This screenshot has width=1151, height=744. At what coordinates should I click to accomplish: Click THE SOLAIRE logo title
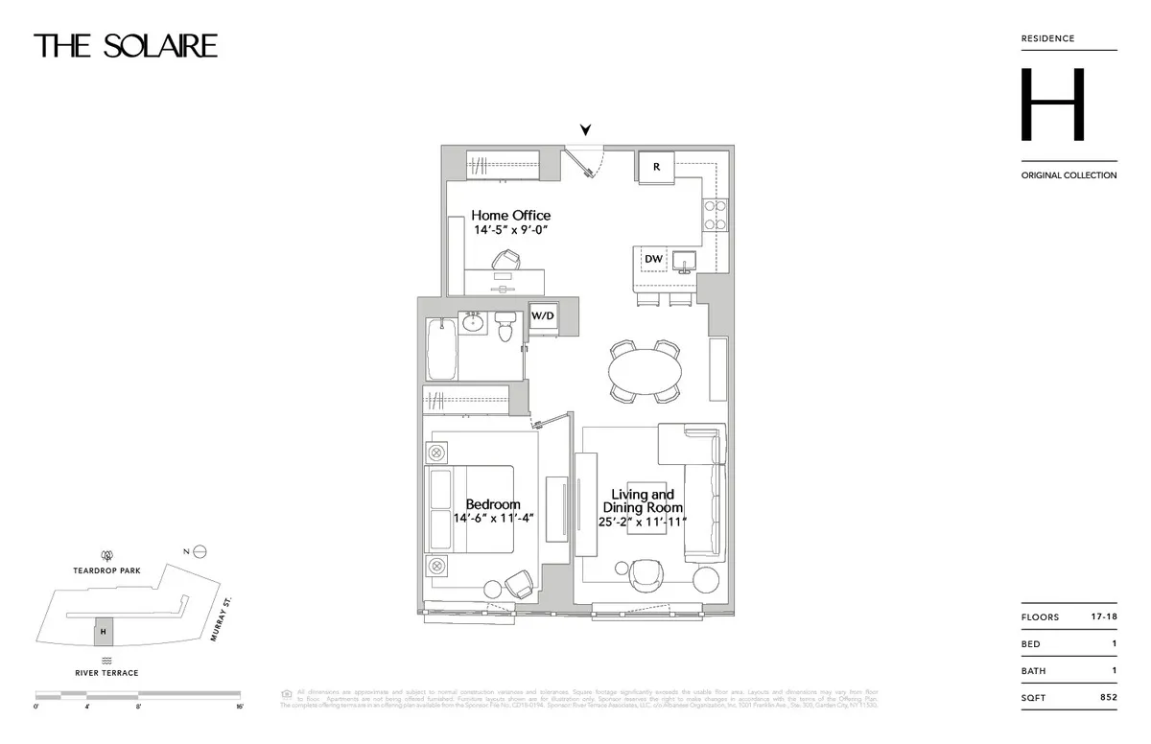pos(126,46)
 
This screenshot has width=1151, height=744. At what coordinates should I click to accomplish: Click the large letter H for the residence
pos(1052,105)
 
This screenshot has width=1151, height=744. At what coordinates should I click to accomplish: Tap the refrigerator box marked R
pos(656,167)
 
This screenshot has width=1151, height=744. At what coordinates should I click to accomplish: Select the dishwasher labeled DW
pos(653,259)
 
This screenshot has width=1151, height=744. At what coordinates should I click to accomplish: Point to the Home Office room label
pos(510,216)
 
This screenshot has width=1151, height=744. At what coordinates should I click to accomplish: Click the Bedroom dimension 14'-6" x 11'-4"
pos(493,518)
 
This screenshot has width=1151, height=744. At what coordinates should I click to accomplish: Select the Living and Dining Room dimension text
pos(642,522)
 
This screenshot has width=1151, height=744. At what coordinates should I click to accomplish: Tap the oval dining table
pos(646,369)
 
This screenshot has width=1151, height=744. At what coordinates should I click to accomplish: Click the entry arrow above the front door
pos(585,131)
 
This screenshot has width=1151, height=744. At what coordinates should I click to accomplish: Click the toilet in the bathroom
pos(505,328)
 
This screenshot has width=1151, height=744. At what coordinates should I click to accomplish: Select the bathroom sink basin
pos(473,324)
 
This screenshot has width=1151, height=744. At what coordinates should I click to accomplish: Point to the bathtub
pos(440,349)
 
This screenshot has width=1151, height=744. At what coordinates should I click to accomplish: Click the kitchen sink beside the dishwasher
pos(684,260)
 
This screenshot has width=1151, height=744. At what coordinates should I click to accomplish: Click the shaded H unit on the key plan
pos(103,632)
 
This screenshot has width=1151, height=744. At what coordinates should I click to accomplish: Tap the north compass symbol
pos(200,551)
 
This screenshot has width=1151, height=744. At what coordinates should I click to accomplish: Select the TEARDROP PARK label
pos(106,570)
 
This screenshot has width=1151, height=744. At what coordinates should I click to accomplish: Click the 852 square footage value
pos(1108,698)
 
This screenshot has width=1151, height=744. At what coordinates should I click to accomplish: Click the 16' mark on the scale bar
pos(239,707)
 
